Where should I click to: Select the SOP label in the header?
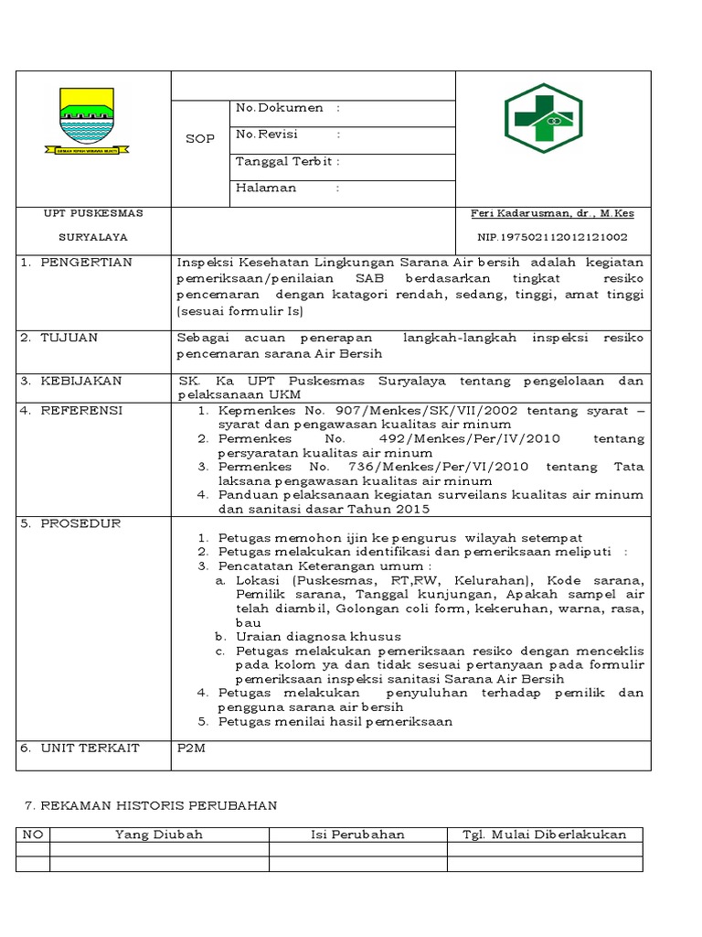coord(199,139)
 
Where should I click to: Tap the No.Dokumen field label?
coord(280,108)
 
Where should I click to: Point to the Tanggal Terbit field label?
coord(284,161)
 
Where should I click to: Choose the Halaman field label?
coord(266,188)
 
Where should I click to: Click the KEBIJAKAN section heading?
coord(80,381)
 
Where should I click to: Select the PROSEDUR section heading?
coord(80,523)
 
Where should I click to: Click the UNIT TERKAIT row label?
coord(90,749)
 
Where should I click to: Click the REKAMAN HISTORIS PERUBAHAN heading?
coord(150,805)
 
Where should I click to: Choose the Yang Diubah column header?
coord(159,835)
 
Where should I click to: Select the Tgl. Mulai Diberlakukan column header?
coord(544,835)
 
